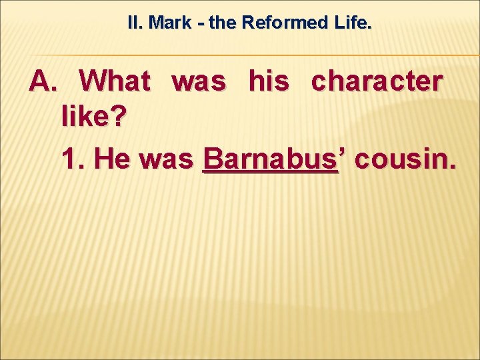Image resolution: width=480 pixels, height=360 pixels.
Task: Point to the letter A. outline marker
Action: pyautogui.click(x=44, y=82)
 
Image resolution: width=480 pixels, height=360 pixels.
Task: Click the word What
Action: pyautogui.click(x=115, y=82)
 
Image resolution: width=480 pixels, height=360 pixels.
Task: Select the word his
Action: pyautogui.click(x=269, y=82)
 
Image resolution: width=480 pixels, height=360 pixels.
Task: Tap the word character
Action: pyautogui.click(x=377, y=82)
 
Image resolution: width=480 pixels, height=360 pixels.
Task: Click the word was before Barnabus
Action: pyautogui.click(x=167, y=160)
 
